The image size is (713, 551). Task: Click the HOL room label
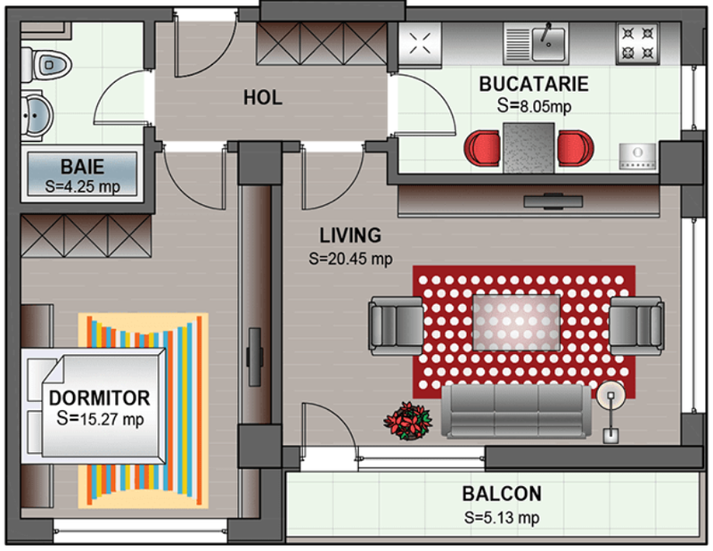coord(263,97)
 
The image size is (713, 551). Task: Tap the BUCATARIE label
coord(534,85)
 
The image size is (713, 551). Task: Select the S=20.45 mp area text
coord(350,259)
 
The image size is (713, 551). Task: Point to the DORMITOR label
coord(99,397)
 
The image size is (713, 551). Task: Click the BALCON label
coord(501,494)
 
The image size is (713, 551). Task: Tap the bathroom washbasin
coord(36,114)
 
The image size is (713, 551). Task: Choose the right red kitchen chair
coord(574,146)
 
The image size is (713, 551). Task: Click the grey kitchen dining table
coord(529,145)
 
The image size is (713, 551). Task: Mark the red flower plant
coord(408,419)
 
